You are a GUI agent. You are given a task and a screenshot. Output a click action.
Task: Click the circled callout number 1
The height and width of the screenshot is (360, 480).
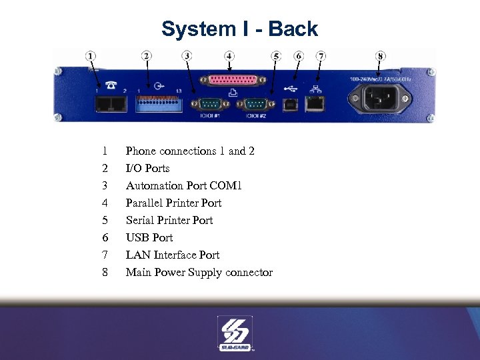(x=91, y=56)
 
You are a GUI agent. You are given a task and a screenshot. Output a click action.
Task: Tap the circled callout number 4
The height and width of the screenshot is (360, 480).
(x=229, y=56)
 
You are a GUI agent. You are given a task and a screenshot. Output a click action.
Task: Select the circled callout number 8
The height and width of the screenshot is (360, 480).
(x=381, y=56)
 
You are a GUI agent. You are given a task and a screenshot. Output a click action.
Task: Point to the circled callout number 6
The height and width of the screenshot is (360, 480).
(x=299, y=56)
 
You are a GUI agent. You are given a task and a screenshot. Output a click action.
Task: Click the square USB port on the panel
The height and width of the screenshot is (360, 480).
(x=291, y=103)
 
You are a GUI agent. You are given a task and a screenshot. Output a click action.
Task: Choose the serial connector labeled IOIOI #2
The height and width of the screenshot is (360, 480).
(x=255, y=104)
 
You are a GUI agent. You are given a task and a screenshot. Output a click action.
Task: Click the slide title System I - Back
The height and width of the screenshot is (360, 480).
(x=240, y=29)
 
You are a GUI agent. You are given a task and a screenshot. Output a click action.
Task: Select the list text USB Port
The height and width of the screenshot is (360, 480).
(x=149, y=237)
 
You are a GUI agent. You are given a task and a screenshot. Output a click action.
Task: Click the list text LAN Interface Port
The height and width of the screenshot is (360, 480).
(x=172, y=255)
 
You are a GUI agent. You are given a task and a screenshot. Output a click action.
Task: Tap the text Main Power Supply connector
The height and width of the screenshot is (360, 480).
(x=199, y=272)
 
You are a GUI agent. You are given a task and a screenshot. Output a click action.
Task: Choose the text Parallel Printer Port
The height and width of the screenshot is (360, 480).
(x=173, y=203)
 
